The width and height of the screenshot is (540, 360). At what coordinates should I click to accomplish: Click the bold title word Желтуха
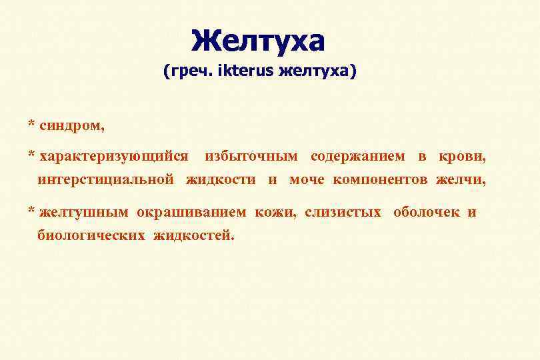(257, 41)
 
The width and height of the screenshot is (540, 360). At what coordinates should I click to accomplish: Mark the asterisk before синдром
(31, 124)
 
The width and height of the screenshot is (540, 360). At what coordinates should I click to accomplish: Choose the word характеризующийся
(113, 157)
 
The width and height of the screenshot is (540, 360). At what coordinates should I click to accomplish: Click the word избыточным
(251, 157)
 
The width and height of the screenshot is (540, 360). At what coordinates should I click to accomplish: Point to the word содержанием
(357, 157)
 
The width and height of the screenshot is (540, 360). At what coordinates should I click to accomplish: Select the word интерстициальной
(106, 179)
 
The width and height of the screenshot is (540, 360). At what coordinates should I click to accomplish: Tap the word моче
(308, 179)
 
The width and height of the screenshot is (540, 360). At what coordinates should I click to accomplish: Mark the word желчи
(461, 179)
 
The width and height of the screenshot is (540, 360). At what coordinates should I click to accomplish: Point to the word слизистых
(343, 213)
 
